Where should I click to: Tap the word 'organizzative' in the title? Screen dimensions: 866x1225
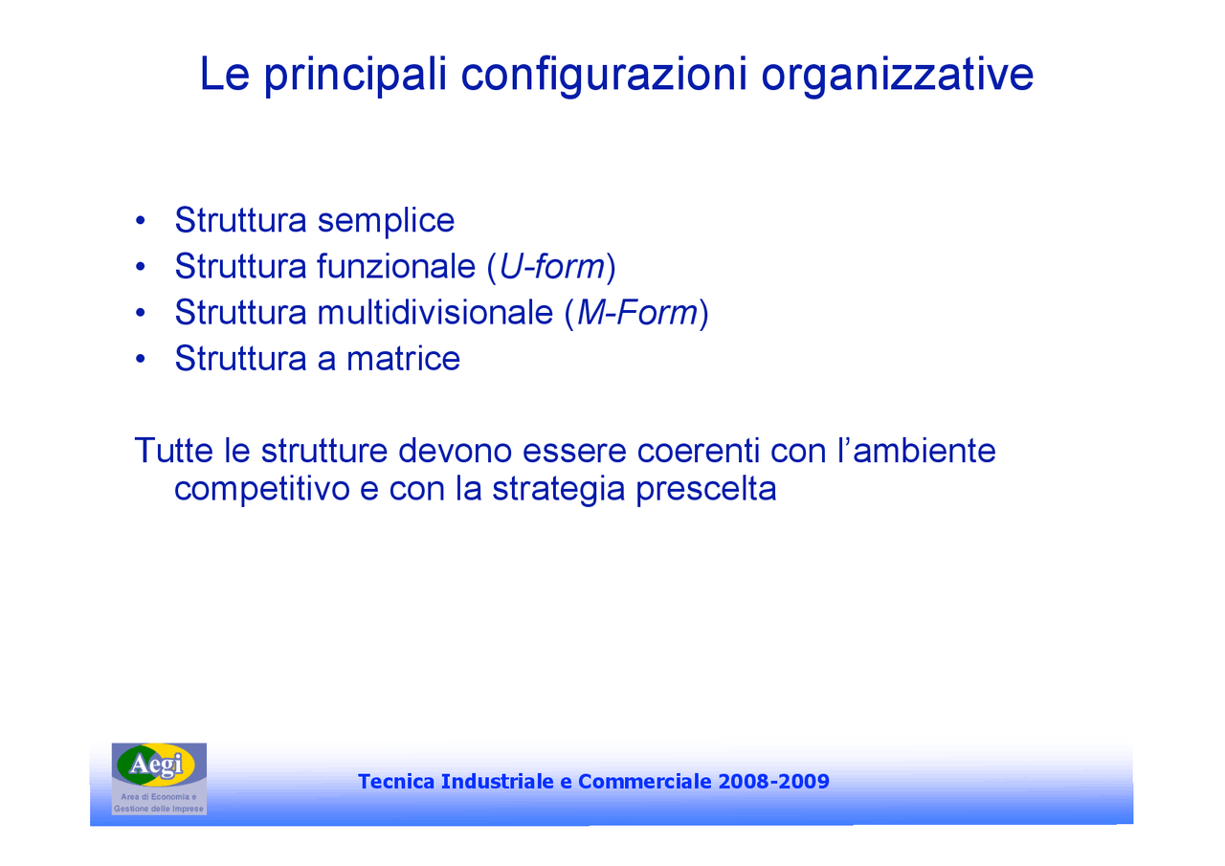[897, 76]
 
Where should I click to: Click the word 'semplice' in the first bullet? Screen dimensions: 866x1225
[386, 221]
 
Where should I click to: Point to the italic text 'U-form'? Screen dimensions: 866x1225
[551, 267]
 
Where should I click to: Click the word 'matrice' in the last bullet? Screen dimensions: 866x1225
[403, 359]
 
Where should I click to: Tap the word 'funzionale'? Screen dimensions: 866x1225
[395, 267]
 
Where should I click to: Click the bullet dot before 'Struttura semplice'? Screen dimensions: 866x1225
[141, 222]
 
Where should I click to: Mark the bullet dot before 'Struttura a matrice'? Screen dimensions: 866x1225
[141, 360]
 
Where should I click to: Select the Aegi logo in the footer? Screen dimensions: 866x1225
[158, 766]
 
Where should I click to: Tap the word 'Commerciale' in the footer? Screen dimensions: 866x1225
[644, 782]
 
